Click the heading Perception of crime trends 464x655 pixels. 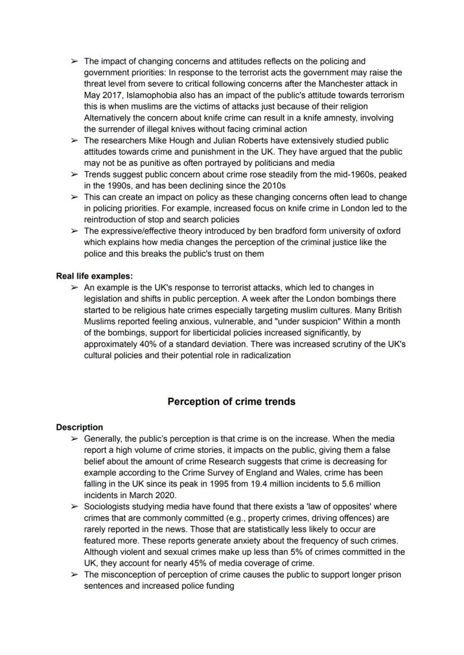[x=231, y=402]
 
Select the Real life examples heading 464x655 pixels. [x=94, y=276]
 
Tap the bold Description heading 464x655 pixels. [x=79, y=428]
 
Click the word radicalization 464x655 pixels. [x=263, y=355]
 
